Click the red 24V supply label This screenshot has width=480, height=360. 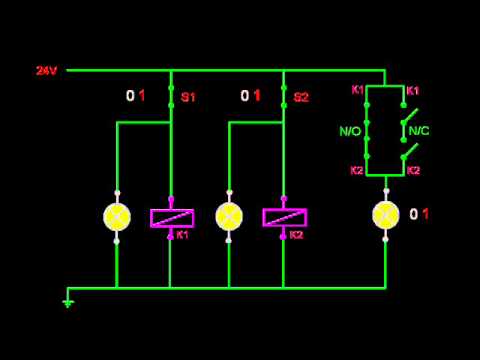(x=46, y=71)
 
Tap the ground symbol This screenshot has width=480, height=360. (x=68, y=300)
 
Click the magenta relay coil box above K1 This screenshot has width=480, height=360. (x=171, y=217)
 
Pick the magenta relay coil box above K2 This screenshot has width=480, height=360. (x=284, y=217)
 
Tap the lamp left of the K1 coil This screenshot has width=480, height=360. (x=117, y=216)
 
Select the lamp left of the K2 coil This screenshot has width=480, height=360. (x=229, y=216)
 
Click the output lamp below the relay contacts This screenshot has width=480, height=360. (x=385, y=214)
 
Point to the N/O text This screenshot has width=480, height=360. (x=350, y=131)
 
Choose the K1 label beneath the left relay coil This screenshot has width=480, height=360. (x=182, y=235)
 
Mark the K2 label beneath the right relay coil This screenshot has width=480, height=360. (x=295, y=235)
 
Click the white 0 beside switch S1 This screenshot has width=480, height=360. (x=129, y=96)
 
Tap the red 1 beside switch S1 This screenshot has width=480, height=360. (x=142, y=96)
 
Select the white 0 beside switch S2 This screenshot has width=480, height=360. (x=244, y=96)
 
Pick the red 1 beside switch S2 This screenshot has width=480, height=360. (x=257, y=96)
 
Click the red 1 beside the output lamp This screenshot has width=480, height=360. (x=426, y=214)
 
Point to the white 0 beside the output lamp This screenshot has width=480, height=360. (x=413, y=214)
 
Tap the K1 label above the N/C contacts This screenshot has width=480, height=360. (x=414, y=90)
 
